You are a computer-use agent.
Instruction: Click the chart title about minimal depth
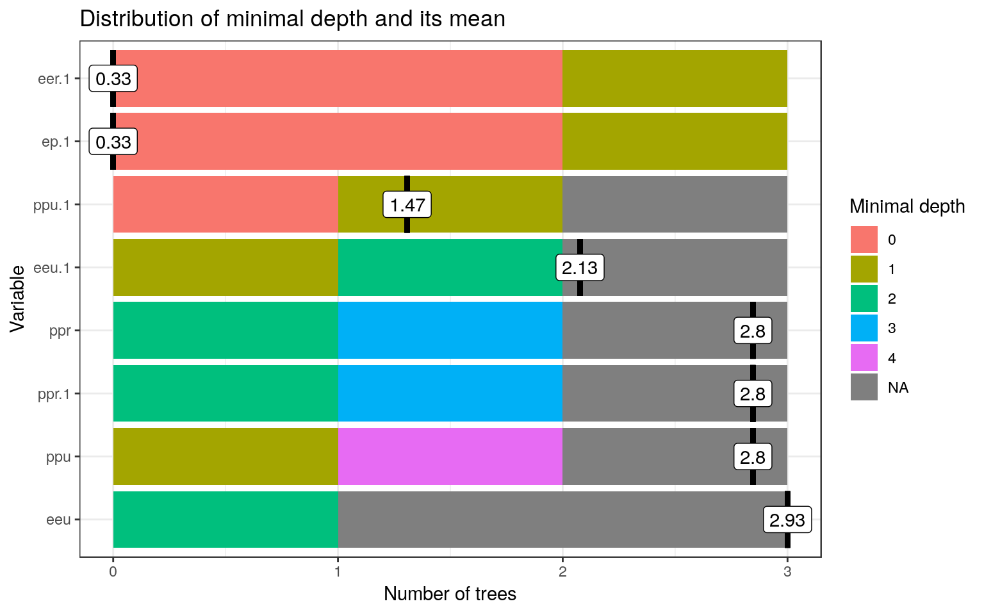point(292,19)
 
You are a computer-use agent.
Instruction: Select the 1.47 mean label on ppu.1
point(407,206)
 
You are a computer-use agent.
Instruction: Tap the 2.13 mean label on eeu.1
point(580,268)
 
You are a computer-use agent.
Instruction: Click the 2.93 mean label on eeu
point(787,520)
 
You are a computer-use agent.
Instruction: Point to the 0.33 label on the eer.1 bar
point(113,79)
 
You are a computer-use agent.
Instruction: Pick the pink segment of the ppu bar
point(450,457)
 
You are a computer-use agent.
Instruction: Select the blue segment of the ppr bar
point(450,331)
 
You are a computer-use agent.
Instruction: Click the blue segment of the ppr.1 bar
point(450,393)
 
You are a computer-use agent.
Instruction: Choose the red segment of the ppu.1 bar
point(225,204)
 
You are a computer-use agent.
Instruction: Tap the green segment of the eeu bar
point(225,520)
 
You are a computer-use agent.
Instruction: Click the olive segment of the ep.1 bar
point(675,142)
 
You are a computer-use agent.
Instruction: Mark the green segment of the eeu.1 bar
point(450,268)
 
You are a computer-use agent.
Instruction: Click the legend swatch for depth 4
point(864,358)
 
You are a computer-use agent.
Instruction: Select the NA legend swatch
point(864,388)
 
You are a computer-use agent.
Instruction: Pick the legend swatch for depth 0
point(864,240)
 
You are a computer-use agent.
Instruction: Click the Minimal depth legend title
point(906,206)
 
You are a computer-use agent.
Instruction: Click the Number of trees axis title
point(450,594)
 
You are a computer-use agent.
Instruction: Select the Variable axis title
point(18,299)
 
